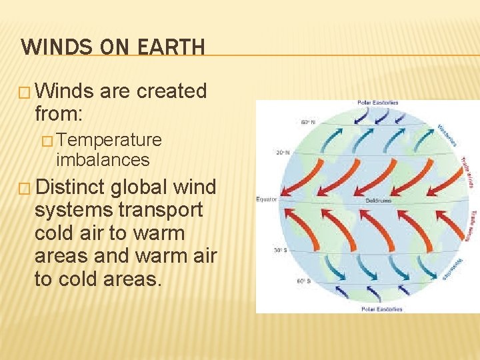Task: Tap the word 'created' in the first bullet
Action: tap(171, 91)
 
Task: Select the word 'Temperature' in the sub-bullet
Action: tap(109, 139)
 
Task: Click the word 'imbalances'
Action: tap(103, 160)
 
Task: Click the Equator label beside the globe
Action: tap(267, 199)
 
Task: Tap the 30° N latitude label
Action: tap(283, 152)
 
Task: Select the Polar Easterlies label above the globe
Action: tap(377, 103)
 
